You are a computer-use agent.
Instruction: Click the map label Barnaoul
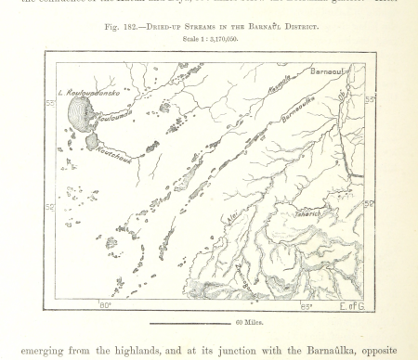[329, 71]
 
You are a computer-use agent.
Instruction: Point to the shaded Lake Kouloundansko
[80, 116]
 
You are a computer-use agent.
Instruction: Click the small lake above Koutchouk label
[92, 141]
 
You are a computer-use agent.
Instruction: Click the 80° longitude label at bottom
[104, 303]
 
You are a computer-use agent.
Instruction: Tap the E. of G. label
[352, 303]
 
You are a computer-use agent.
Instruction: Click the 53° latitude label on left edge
[50, 103]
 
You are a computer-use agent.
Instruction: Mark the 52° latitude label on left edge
[50, 207]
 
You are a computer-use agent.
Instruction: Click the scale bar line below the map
[189, 322]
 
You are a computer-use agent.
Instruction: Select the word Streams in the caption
[217, 27]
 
